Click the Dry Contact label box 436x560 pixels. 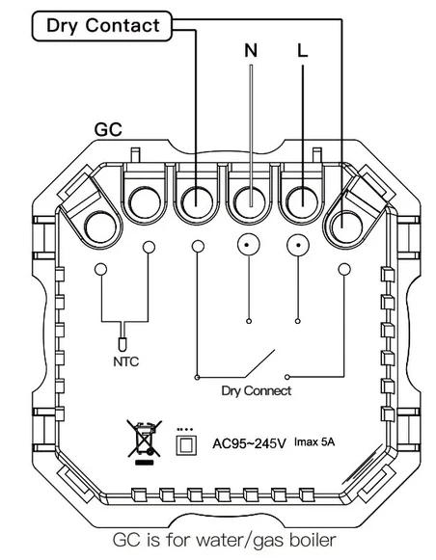[x=102, y=26]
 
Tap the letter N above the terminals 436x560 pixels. [x=251, y=50]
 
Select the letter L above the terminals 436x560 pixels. [x=302, y=50]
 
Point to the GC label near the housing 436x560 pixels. [x=108, y=129]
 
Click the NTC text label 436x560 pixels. [x=125, y=361]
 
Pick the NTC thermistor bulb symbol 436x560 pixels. [x=123, y=343]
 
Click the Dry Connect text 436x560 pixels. [x=257, y=390]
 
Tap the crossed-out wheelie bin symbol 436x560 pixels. [x=144, y=441]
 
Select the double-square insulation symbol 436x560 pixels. [x=186, y=445]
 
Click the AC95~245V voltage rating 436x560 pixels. [x=249, y=443]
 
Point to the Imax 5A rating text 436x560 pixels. [x=314, y=442]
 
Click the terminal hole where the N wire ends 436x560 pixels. [x=250, y=202]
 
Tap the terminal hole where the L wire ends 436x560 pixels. [x=302, y=202]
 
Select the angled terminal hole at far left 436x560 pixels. [x=100, y=227]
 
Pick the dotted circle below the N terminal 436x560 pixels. [x=248, y=245]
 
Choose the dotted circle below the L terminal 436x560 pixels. [x=298, y=245]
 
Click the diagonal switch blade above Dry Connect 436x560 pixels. [x=259, y=363]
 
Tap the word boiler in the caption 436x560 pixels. [x=313, y=540]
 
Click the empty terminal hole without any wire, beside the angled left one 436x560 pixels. [x=145, y=202]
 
